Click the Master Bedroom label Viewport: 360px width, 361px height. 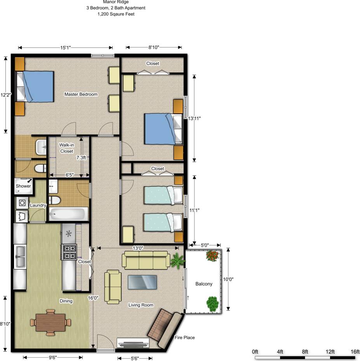[81, 95]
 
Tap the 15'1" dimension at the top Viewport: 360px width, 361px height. [65, 48]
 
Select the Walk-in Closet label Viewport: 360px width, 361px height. [66, 148]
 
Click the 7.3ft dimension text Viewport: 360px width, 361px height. [81, 158]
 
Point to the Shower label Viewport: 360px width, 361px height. [23, 186]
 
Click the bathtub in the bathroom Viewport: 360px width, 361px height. [68, 214]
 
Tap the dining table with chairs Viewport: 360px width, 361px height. [51, 322]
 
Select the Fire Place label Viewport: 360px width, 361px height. [184, 338]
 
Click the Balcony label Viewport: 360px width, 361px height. [204, 284]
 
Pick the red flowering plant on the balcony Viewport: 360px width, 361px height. [212, 256]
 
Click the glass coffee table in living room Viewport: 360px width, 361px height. [142, 282]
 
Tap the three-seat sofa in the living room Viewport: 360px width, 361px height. [146, 260]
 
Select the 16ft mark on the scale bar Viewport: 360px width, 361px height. [355, 352]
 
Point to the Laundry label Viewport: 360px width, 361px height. [38, 205]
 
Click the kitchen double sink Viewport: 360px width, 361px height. [20, 257]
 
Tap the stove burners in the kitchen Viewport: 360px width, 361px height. [69, 252]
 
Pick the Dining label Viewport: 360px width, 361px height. [66, 301]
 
